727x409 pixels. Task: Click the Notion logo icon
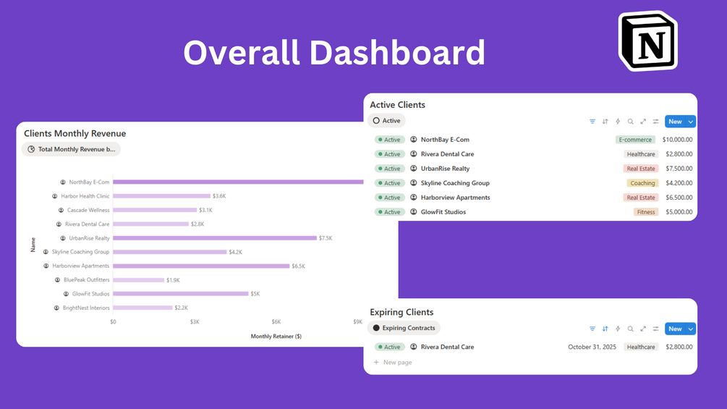[648, 41]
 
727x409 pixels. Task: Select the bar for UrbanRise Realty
[214, 238]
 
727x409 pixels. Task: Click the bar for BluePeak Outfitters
[138, 280]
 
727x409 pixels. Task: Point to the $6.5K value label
[298, 266]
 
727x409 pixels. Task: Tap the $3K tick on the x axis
[195, 321]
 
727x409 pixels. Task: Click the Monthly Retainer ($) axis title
[276, 336]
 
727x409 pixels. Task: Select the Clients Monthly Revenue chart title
[75, 133]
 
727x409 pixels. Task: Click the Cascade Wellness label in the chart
[88, 210]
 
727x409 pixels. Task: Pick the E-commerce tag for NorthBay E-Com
[635, 140]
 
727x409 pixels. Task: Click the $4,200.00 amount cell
[679, 183]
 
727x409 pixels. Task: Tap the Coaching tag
[642, 183]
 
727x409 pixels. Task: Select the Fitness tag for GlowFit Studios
[646, 212]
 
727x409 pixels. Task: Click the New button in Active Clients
[675, 122]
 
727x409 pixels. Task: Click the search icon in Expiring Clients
[630, 329]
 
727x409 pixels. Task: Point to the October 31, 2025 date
[592, 347]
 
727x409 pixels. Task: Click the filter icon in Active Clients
[592, 122]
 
